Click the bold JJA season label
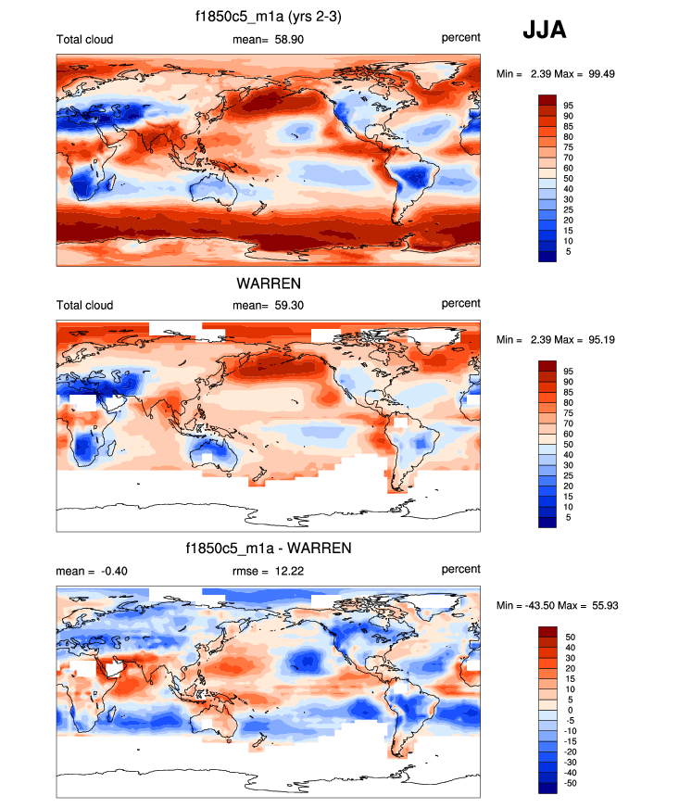[x=545, y=31]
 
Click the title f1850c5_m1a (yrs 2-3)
[x=268, y=18]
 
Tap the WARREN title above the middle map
[x=268, y=284]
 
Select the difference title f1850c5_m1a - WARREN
[x=268, y=549]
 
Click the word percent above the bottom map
[x=460, y=570]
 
